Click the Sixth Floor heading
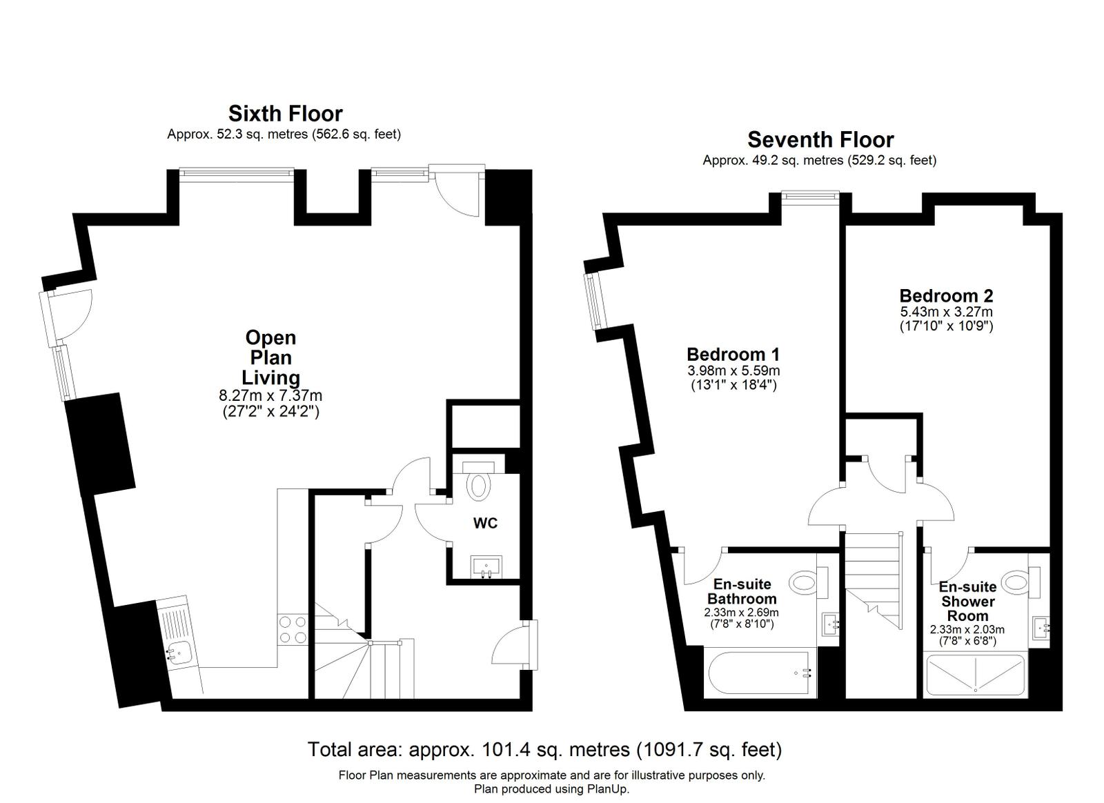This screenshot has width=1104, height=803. (285, 113)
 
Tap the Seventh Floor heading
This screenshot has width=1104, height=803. (820, 139)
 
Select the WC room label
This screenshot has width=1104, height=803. (485, 523)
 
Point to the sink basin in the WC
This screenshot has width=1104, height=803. (488, 568)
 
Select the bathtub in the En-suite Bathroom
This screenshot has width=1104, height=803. (759, 673)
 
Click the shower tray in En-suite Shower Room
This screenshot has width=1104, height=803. (976, 675)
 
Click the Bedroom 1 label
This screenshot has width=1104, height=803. (733, 355)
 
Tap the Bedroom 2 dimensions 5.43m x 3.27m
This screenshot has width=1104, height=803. (946, 312)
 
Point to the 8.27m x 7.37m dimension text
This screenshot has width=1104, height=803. (270, 396)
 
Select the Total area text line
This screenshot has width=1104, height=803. (544, 749)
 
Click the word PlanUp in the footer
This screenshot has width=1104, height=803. (607, 789)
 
